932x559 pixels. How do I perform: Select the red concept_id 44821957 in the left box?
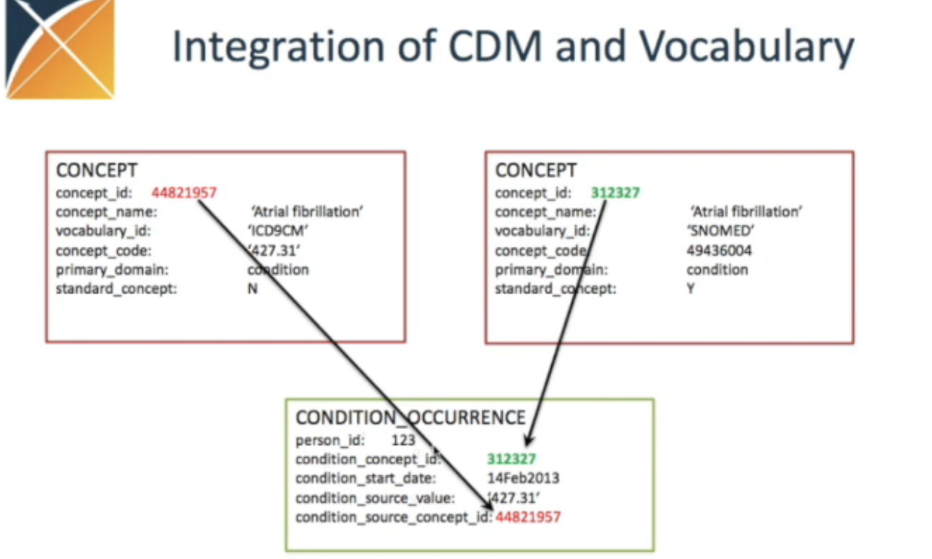coord(184,193)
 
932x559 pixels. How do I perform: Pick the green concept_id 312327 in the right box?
coord(616,193)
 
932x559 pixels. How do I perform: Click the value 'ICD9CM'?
coord(277,231)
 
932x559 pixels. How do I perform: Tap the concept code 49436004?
coord(719,251)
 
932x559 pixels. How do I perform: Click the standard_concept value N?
coord(253,289)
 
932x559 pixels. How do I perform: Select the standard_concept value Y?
coord(691,289)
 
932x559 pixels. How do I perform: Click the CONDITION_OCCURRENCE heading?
coord(410,417)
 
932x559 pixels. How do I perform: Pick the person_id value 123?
coord(403,440)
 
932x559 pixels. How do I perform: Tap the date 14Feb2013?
coord(523,478)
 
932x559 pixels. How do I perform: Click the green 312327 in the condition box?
coord(512,459)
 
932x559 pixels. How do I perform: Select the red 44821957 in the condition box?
coord(528,517)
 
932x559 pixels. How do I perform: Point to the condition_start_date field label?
coord(366,479)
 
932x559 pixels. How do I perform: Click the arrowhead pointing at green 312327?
coord(530,440)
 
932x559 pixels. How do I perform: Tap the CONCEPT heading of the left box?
coord(97,170)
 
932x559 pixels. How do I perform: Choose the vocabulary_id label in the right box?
coord(542,231)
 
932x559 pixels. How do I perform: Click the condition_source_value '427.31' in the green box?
coord(514,498)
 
